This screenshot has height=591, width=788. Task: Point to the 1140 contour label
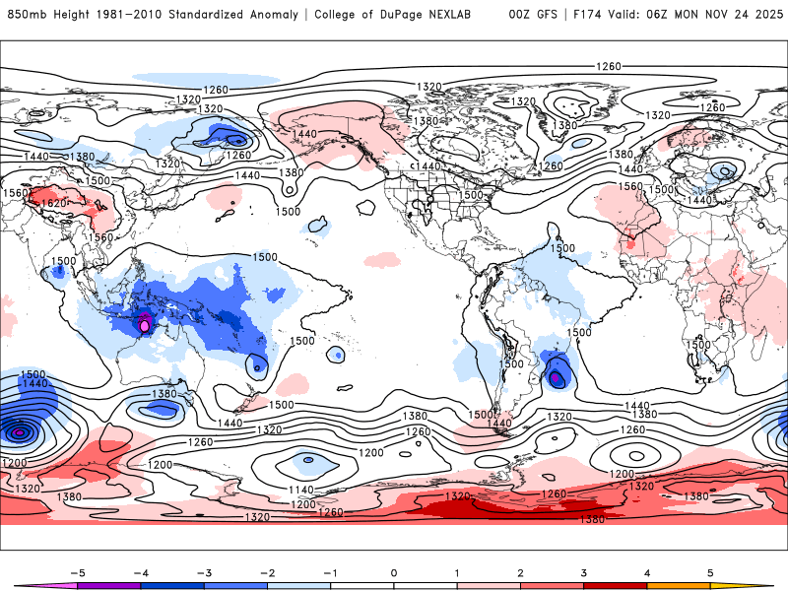pos(302,490)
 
